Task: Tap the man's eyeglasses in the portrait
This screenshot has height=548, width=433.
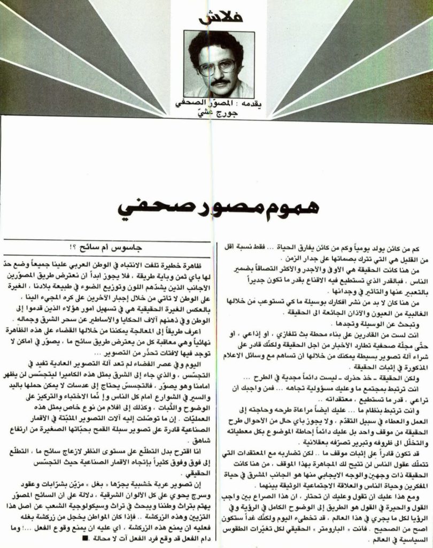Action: (x=218, y=67)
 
